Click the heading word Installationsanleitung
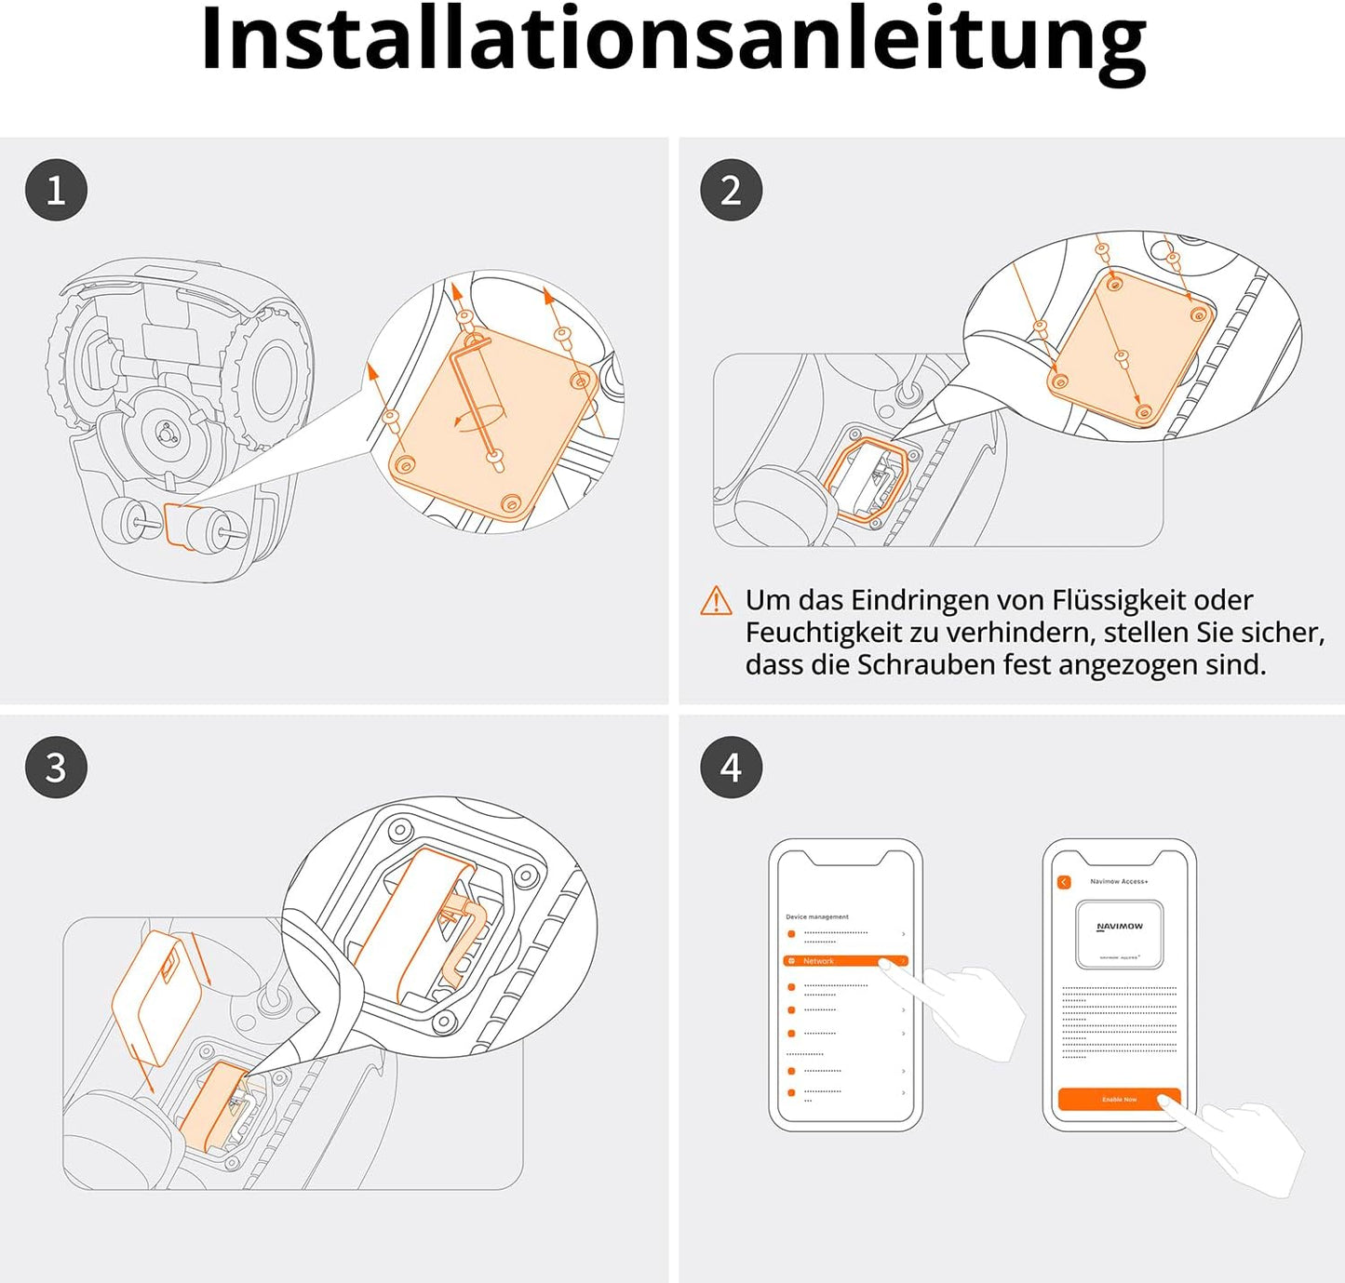coord(672,39)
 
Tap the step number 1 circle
coord(56,191)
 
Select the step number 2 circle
coord(731,191)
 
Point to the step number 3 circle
coord(56,768)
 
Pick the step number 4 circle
coord(731,768)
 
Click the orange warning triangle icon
coord(716,601)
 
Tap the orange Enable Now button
coord(1119,1099)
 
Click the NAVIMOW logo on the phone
coord(1119,927)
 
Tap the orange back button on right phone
coord(1064,882)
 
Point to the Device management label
coord(817,916)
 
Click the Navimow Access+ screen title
coord(1119,881)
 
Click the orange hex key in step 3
coord(465,940)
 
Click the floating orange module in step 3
coord(156,996)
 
